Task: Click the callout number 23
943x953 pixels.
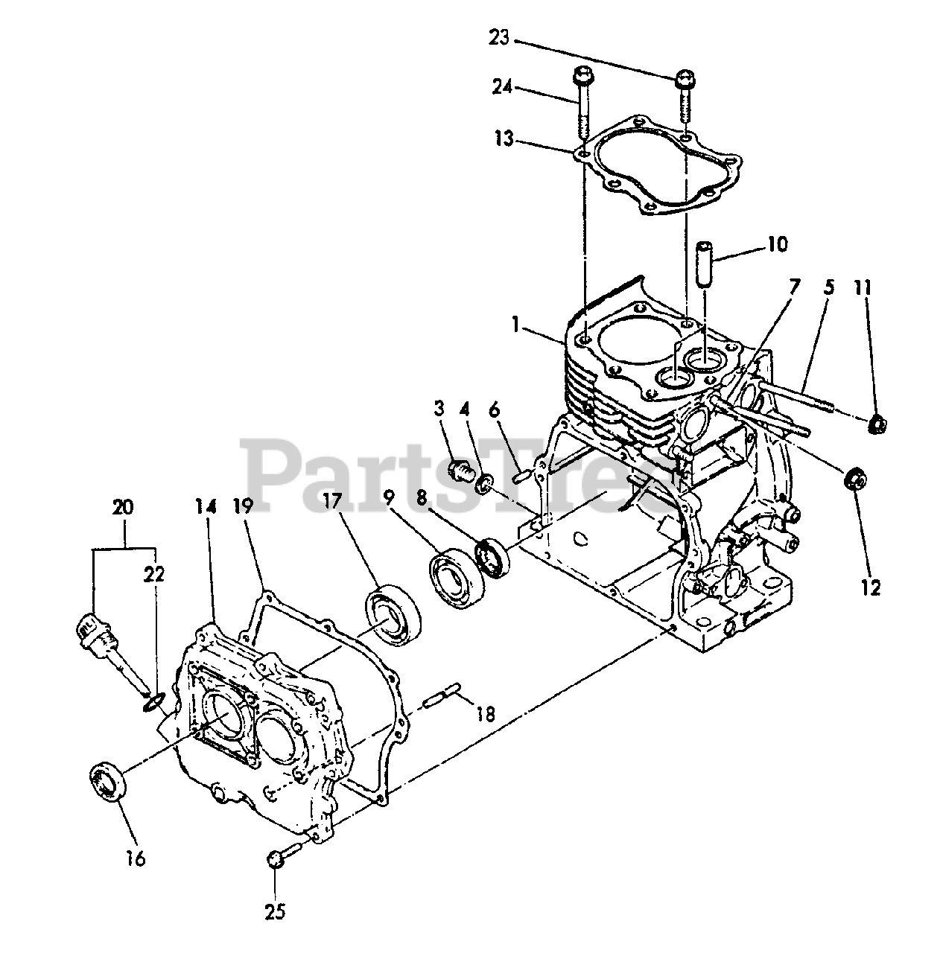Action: pos(498,37)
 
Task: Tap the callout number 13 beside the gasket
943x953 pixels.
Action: pos(504,138)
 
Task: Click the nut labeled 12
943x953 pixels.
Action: pos(856,479)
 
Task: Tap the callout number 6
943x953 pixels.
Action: pos(495,409)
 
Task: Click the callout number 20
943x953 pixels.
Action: pos(123,509)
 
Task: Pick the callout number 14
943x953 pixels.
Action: pos(206,507)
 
